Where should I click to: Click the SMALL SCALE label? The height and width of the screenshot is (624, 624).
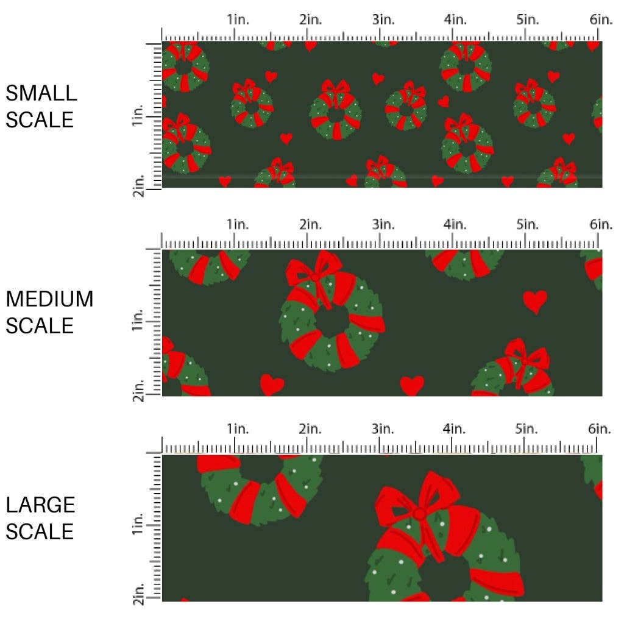41,106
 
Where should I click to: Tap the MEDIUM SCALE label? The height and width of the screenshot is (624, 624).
49,312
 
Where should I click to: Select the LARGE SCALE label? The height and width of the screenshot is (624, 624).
41,518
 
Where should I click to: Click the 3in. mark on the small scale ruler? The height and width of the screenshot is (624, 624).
383,19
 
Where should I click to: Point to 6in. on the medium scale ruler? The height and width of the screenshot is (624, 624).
600,224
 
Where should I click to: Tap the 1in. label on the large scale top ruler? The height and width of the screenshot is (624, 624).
238,429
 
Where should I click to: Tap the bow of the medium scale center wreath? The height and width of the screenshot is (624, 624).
314,272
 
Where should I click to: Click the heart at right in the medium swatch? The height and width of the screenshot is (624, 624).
535,301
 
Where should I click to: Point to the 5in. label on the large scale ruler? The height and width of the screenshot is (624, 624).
528,429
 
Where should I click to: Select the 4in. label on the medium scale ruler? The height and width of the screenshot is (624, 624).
455,224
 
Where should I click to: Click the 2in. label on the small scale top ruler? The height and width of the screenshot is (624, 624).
311,19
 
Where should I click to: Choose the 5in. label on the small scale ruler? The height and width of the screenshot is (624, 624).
528,19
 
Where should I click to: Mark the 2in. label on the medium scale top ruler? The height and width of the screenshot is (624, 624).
311,224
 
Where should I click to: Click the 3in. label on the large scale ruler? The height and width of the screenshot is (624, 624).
383,429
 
